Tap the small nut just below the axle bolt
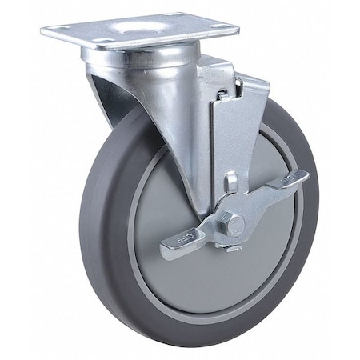[x=234, y=247]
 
